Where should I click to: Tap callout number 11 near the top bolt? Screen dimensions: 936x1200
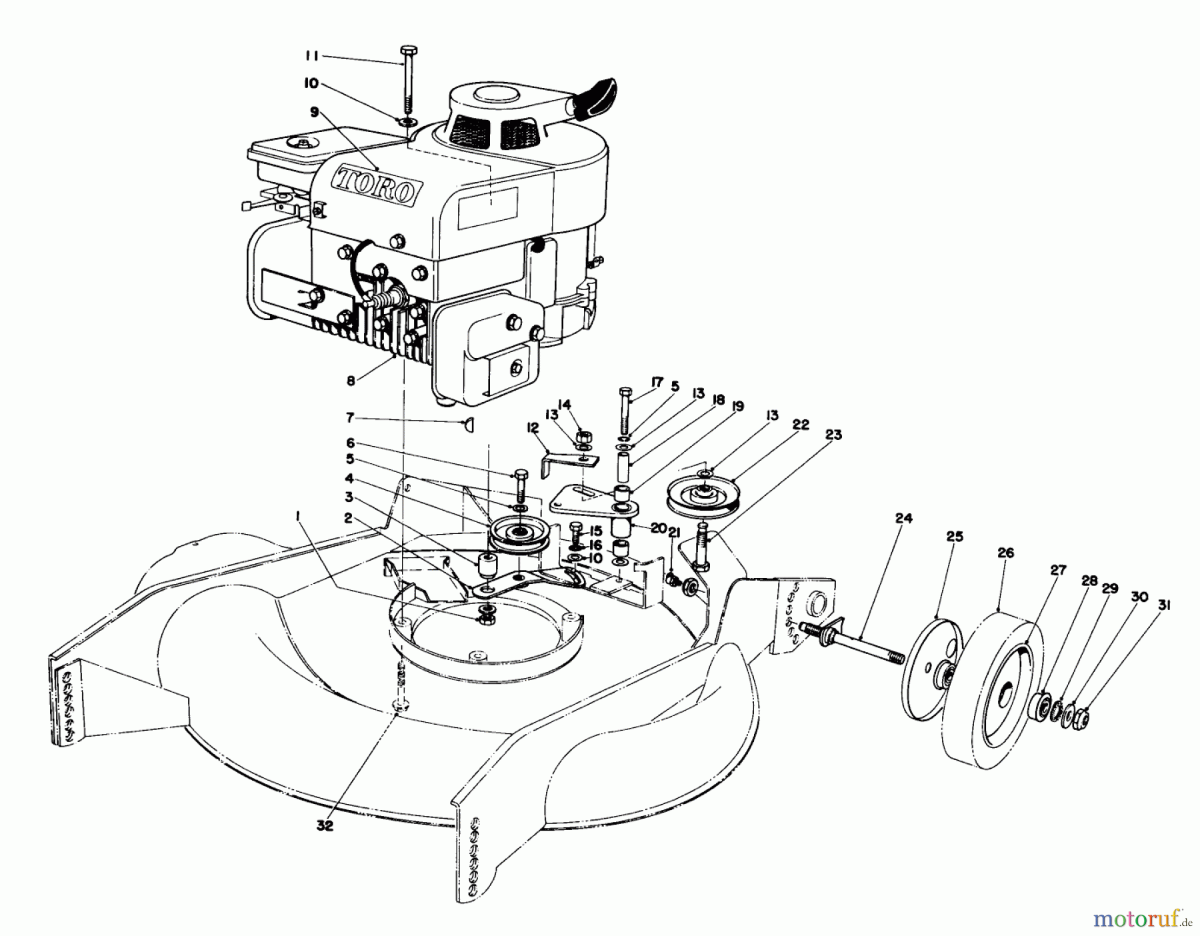311,57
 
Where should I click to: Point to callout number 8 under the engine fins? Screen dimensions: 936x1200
351,381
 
